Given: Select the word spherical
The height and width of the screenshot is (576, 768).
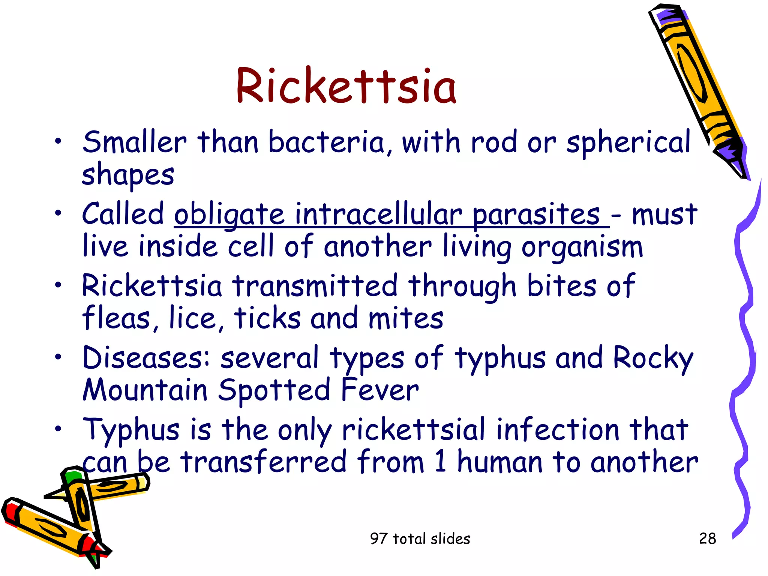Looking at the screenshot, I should coord(628,143).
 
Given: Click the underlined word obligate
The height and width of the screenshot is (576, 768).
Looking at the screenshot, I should coord(229,215).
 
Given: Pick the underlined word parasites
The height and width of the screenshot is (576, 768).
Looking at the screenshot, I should coord(536,215).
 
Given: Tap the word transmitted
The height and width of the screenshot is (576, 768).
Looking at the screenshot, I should coord(315,286).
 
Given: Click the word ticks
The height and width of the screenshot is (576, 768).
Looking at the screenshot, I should coord(267,318).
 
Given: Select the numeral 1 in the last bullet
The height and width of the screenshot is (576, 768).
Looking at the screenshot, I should coord(441,462).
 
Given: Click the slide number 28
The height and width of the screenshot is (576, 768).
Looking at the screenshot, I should coord(707,538).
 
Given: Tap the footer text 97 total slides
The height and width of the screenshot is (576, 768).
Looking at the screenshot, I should coord(420,538).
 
